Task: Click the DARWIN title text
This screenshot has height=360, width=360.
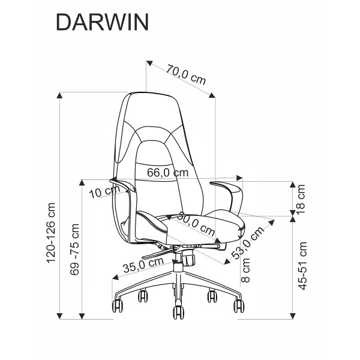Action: [100, 22]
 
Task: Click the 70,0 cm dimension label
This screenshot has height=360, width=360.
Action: [186, 76]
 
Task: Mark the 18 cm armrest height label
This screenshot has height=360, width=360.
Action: [302, 199]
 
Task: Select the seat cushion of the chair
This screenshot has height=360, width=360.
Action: [198, 224]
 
